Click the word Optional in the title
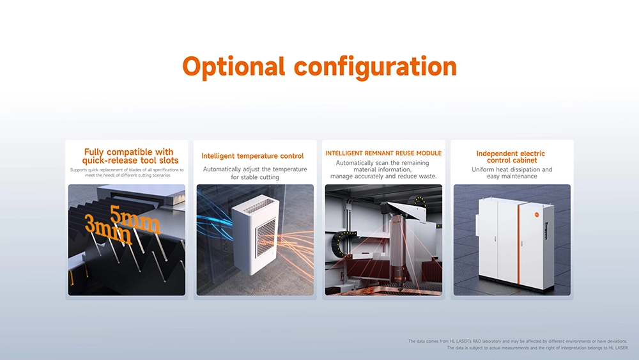pyautogui.click(x=233, y=67)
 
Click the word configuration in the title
pyautogui.click(x=375, y=67)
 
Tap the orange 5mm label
pyautogui.click(x=134, y=218)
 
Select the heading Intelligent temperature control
pyautogui.click(x=252, y=156)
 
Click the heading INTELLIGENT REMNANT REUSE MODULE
pyautogui.click(x=383, y=153)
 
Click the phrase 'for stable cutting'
pyautogui.click(x=255, y=177)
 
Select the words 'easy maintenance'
pyautogui.click(x=512, y=176)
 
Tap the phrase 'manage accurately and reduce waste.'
pyautogui.click(x=383, y=176)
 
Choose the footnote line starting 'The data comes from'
pyautogui.click(x=518, y=341)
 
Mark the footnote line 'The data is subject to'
pyautogui.click(x=537, y=348)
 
